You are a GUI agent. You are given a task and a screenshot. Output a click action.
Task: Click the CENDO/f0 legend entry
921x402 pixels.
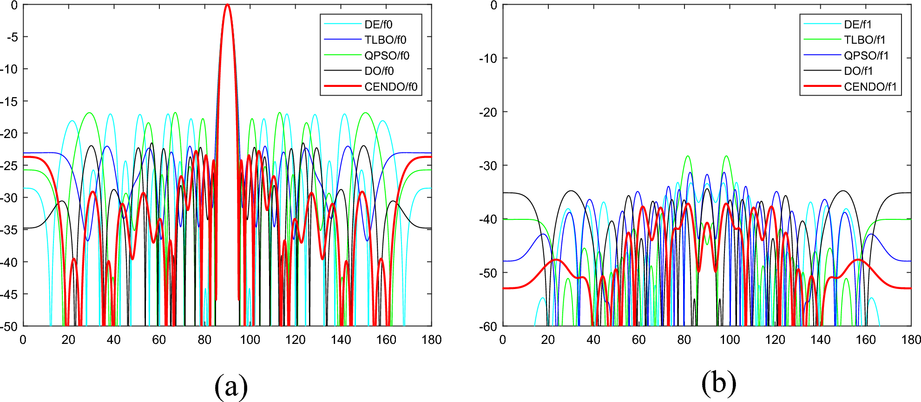click(391, 87)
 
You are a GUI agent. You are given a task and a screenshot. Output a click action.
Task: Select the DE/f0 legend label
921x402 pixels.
click(378, 25)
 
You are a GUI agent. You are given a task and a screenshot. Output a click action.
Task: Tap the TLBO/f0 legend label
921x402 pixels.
click(385, 40)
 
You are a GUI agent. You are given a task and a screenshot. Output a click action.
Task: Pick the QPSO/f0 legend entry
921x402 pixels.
click(387, 56)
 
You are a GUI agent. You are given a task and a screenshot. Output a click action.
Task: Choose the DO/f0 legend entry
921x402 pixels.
click(379, 71)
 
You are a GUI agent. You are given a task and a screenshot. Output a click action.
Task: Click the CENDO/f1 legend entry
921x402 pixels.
click(870, 87)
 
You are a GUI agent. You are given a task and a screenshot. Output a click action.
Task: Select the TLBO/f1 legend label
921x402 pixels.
click(865, 40)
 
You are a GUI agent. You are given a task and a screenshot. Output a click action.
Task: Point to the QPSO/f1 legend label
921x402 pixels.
click(866, 56)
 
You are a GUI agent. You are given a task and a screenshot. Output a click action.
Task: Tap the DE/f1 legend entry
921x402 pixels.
click(858, 25)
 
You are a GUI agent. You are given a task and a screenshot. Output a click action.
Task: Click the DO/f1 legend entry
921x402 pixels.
click(859, 71)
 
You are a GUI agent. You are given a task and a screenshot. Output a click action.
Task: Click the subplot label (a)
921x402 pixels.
click(231, 385)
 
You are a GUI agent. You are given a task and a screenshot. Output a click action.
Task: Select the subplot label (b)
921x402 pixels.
click(719, 383)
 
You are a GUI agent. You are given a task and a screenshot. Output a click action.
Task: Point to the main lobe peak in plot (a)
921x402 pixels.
click(227, 6)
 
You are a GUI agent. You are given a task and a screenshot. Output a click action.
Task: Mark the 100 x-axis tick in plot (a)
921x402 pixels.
click(250, 340)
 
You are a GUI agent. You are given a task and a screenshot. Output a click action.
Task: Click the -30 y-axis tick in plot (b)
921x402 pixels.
click(488, 165)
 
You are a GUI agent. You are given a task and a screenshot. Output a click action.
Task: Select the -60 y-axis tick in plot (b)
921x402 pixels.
click(488, 327)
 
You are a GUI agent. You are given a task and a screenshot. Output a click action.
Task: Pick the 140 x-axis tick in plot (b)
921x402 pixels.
click(820, 340)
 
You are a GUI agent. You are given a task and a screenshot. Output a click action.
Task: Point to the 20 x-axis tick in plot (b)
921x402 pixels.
click(548, 340)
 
